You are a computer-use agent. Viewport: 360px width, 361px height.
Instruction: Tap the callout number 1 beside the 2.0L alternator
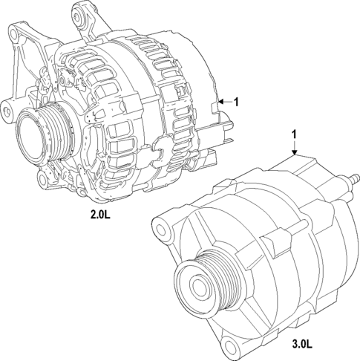coord(236,102)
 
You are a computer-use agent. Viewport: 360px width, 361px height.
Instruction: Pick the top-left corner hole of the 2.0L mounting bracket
coord(13,32)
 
